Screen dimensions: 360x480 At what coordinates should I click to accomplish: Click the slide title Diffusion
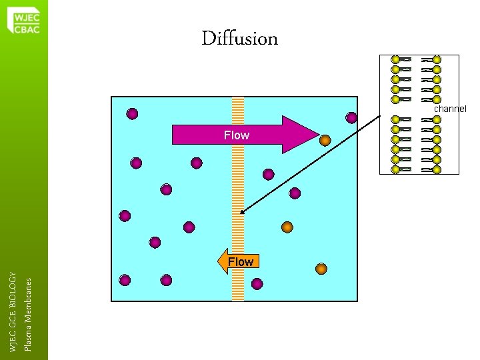pos(240,39)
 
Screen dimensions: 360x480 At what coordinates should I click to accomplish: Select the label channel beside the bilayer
pos(450,109)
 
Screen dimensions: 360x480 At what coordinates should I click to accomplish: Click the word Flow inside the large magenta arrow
pos(237,135)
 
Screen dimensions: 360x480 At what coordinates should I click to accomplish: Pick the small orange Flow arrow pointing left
pos(239,261)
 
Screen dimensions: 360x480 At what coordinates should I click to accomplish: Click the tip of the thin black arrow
pos(241,213)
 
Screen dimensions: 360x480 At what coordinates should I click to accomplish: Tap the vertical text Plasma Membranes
pos(28,313)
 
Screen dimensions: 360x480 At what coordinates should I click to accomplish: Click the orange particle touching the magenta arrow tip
pos(325,141)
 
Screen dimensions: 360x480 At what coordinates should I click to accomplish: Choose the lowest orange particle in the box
pos(321,269)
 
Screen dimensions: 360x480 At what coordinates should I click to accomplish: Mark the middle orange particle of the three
pos(287,227)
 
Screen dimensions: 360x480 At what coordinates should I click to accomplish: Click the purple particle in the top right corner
pos(351,118)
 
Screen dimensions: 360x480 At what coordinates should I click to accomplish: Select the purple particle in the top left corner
pos(133,114)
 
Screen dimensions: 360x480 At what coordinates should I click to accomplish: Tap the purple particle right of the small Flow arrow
pos(257,284)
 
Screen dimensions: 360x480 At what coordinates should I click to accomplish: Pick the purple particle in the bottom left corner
pos(125,280)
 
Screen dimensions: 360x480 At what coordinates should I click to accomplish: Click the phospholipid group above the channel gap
pos(416,79)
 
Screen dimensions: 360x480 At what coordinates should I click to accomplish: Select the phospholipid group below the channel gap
pos(416,145)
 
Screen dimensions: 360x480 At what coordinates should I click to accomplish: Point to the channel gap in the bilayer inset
pos(416,110)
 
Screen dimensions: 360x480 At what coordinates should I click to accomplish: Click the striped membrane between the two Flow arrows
pos(238,200)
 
